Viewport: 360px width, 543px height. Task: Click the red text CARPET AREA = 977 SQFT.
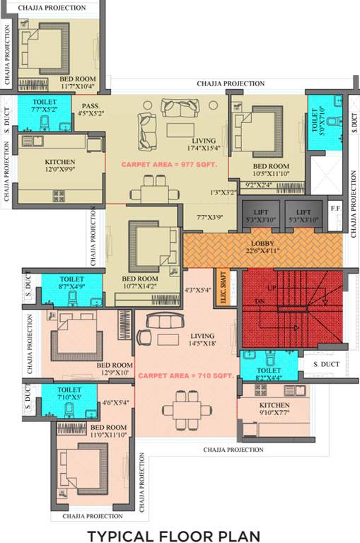point(169,164)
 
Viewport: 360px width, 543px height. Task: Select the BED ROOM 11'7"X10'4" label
point(77,82)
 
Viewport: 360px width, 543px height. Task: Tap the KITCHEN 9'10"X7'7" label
point(274,407)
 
